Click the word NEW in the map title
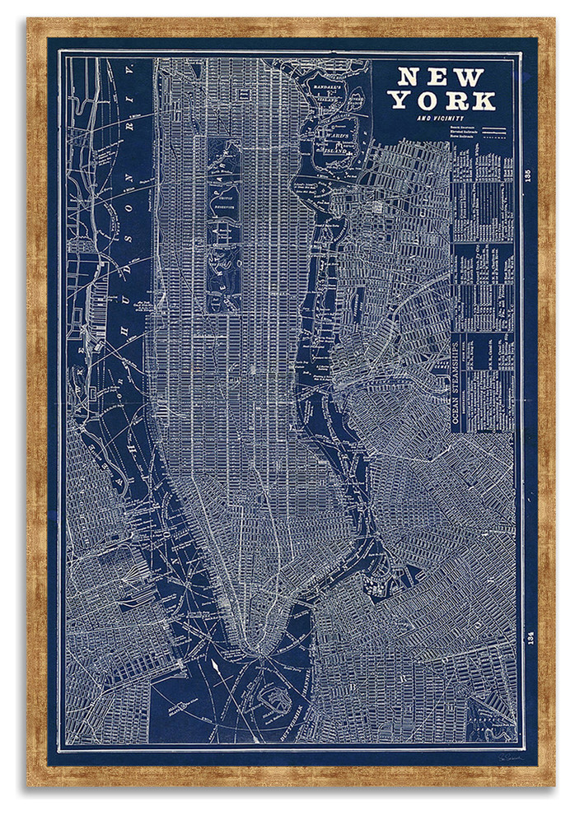(441, 77)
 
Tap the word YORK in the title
(442, 100)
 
